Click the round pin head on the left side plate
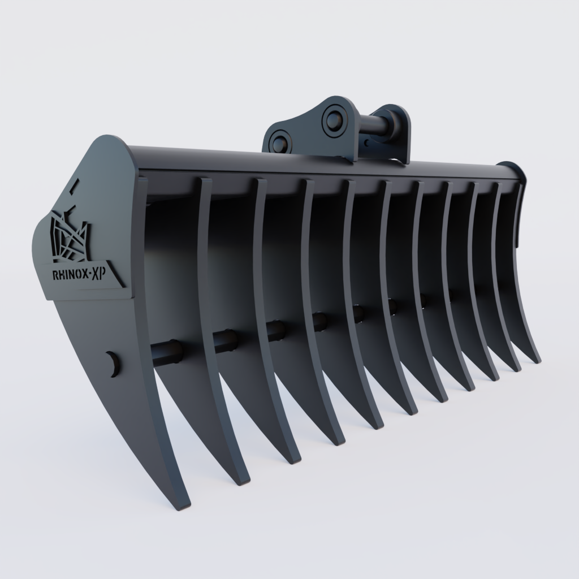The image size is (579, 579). point(113,364)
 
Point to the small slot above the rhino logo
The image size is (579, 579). point(76,185)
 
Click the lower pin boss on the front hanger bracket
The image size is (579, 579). point(278,141)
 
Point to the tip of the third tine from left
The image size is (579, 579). point(293,460)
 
